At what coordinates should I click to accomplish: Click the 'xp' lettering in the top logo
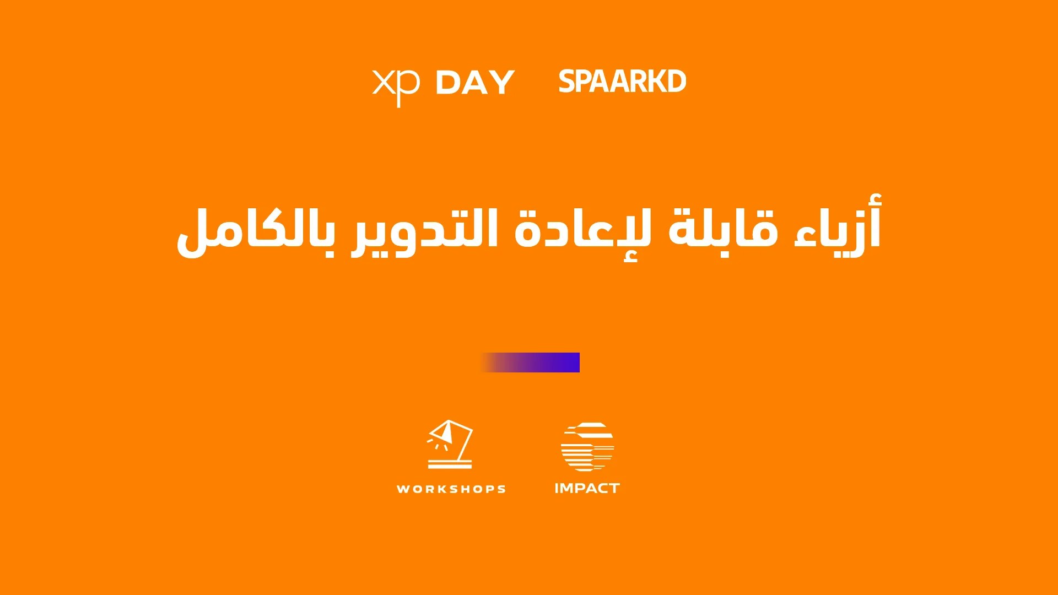click(396, 86)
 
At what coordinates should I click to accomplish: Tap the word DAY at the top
click(475, 83)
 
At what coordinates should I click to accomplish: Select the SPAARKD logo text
click(622, 82)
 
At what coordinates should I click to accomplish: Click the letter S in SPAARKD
click(567, 82)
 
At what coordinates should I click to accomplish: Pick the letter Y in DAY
click(503, 83)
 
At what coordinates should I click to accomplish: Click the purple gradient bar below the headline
click(530, 363)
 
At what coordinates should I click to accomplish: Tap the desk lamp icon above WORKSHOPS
click(450, 444)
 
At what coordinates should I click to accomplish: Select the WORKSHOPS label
click(451, 489)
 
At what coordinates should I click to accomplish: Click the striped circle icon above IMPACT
click(587, 447)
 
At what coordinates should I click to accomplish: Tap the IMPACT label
click(587, 488)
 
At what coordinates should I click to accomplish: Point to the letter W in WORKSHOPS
click(403, 489)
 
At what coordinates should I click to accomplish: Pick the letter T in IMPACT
click(614, 488)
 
